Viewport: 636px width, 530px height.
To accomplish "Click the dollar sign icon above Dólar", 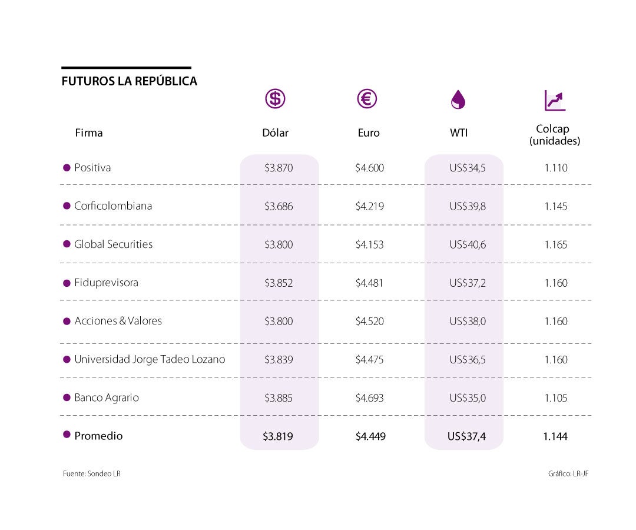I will coord(275,98).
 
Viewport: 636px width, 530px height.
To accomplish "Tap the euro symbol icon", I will coord(367,98).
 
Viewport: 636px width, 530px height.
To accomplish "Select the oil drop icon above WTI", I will coord(458,100).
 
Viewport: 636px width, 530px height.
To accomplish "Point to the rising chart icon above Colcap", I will coord(555,101).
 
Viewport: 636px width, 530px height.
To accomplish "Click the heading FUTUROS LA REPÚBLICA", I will coord(129,81).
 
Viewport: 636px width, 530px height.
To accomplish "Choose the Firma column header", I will coord(89,133).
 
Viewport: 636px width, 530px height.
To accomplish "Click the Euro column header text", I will coord(369,133).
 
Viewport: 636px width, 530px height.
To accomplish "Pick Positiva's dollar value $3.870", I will coord(279,168).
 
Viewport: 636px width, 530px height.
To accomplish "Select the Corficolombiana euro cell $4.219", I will coord(369,206).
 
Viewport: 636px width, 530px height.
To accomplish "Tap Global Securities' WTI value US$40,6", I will coord(468,244).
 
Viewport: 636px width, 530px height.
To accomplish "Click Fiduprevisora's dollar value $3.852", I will coord(279,283).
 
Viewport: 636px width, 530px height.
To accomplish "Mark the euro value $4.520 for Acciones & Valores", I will coord(369,321).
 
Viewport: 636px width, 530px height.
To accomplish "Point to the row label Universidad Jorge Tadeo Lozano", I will coord(150,359).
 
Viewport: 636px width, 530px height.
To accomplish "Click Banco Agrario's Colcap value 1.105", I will coord(555,398).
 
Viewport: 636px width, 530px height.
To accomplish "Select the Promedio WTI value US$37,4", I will coord(467,436).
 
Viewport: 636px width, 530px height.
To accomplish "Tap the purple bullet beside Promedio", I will coord(67,435).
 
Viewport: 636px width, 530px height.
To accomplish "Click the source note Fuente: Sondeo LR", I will coord(92,473).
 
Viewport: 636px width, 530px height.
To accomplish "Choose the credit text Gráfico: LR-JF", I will coord(568,473).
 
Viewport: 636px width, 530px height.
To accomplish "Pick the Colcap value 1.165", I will coord(555,244).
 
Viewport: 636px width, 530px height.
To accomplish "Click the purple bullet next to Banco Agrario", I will coord(67,397).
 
